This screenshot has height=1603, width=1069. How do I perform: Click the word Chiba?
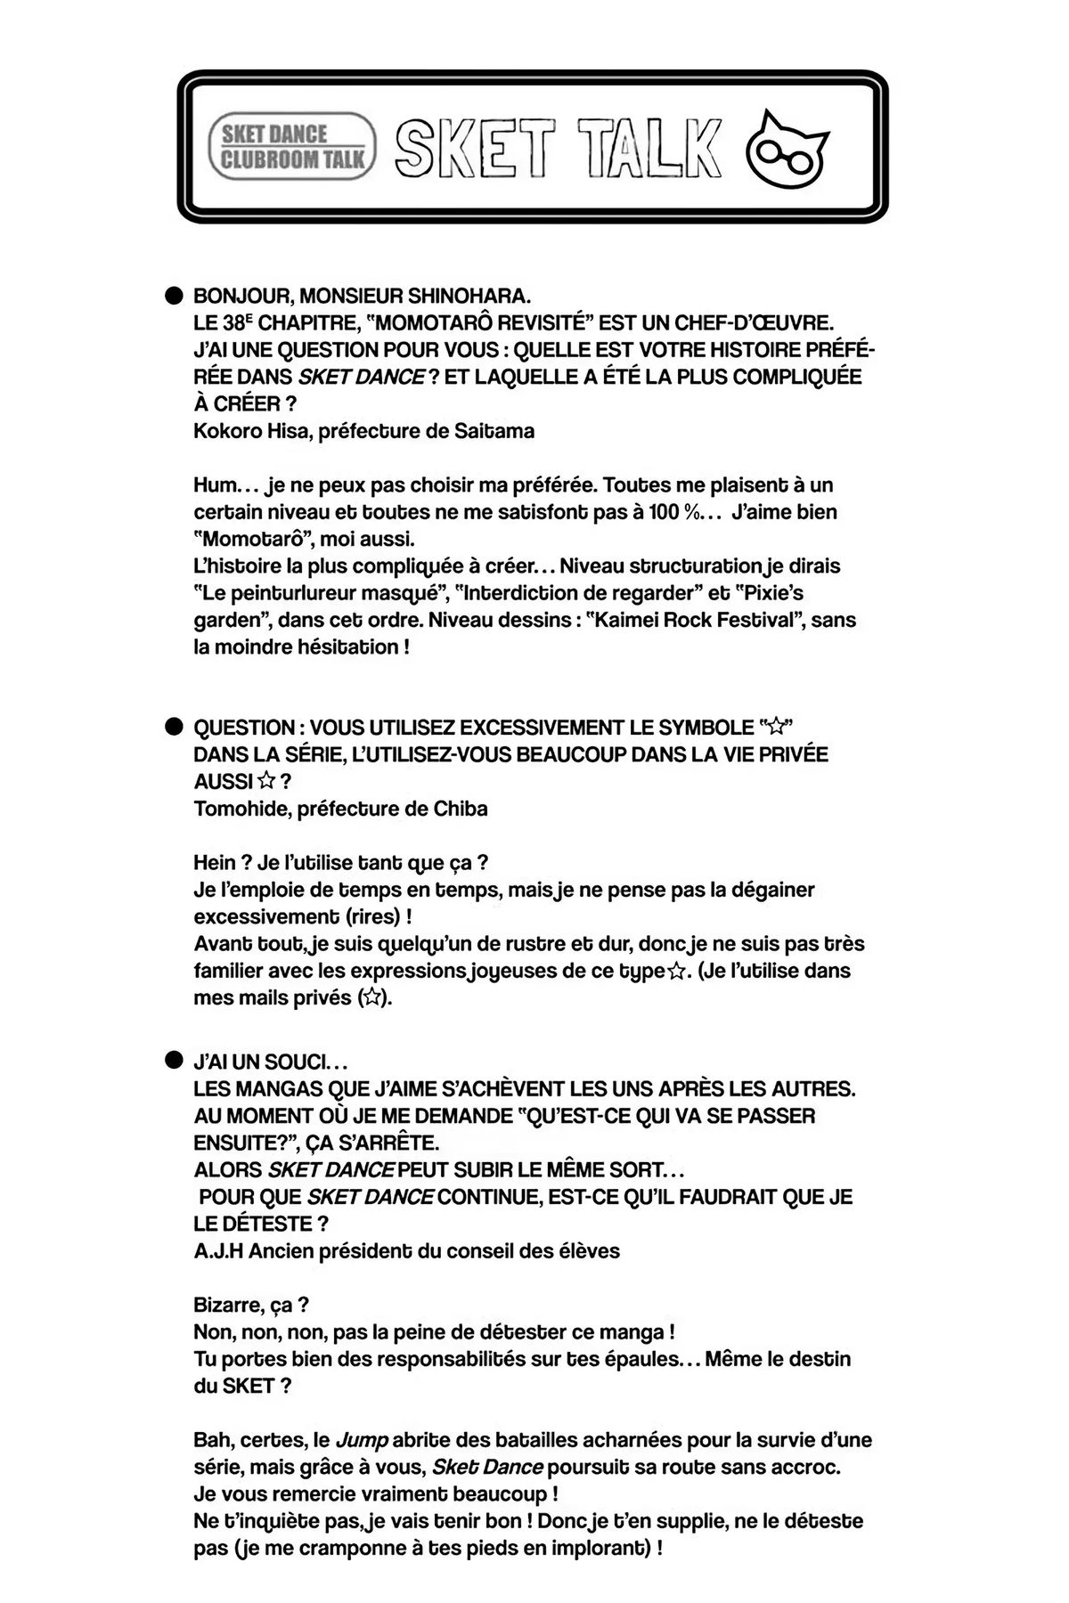pyautogui.click(x=460, y=809)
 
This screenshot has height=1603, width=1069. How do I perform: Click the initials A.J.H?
pyautogui.click(x=218, y=1250)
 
